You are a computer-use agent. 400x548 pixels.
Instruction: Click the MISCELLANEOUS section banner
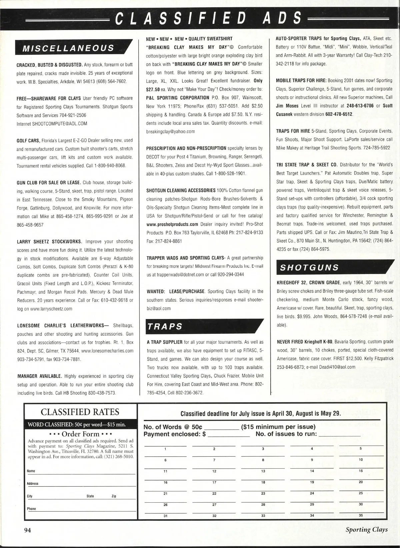68,48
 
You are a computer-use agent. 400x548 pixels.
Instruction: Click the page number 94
27,530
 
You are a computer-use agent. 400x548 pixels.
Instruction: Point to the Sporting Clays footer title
366,530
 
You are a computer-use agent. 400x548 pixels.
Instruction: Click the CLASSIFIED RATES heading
80,412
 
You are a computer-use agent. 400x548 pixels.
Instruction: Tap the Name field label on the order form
31,471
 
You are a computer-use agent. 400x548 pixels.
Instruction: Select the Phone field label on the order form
31,509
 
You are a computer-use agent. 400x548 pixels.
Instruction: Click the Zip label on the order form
114,496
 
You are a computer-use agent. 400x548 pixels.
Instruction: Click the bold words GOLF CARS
28,140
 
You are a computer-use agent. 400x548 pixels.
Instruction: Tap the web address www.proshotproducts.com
172,224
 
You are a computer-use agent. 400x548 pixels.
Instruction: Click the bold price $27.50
153,89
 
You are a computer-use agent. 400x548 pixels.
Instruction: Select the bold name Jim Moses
287,106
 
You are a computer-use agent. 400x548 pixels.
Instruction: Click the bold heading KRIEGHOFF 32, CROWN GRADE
308,283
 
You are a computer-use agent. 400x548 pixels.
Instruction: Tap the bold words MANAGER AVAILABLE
39,376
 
